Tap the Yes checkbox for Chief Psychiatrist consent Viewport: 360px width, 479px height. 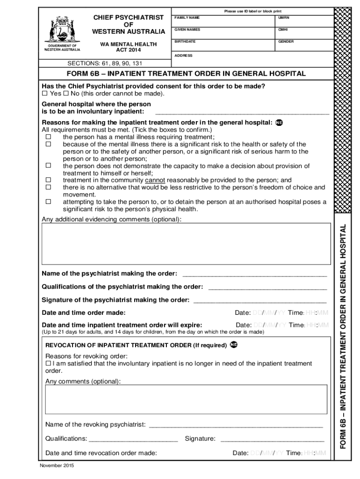coord(45,94)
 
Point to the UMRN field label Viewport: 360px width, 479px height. coord(284,17)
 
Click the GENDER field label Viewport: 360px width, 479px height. coord(286,42)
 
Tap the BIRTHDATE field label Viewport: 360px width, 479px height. coord(185,42)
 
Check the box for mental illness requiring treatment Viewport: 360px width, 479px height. coord(48,137)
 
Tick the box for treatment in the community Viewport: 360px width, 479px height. coord(48,180)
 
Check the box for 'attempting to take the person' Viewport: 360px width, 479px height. coord(48,202)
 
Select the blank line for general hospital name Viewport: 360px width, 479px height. coord(242,112)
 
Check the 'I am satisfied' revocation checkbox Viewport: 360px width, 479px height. coord(48,363)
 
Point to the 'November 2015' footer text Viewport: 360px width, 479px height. coord(57,466)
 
